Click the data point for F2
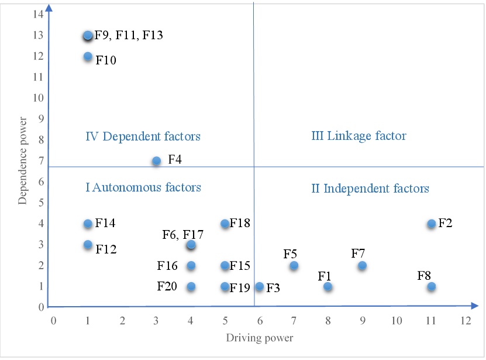pyautogui.click(x=432, y=224)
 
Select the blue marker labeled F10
pyautogui.click(x=88, y=57)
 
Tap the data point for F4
pyautogui.click(x=156, y=161)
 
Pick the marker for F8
pyautogui.click(x=432, y=286)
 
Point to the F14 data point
pyautogui.click(x=88, y=224)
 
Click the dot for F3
pyautogui.click(x=260, y=286)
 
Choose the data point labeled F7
pyautogui.click(x=363, y=265)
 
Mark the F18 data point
pyautogui.click(x=225, y=224)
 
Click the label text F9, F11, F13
pyautogui.click(x=129, y=36)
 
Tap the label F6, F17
pyautogui.click(x=182, y=235)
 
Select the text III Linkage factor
pyautogui.click(x=359, y=136)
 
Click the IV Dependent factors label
pyautogui.click(x=143, y=136)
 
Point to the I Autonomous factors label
pyautogui.click(x=143, y=187)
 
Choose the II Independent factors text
pyautogui.click(x=370, y=188)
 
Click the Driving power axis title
pyautogui.click(x=260, y=338)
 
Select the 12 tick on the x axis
pyautogui.click(x=466, y=321)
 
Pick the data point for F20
pyautogui.click(x=191, y=286)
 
